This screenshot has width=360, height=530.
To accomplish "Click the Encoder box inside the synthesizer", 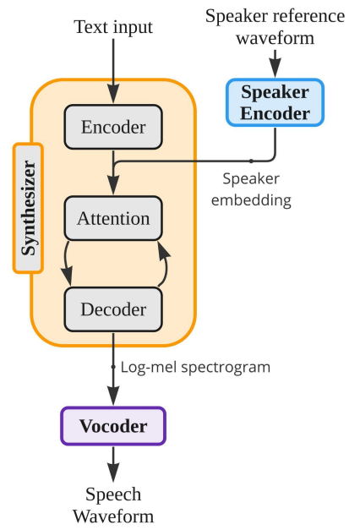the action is point(113,127).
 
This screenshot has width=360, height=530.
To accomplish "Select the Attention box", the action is point(113,218).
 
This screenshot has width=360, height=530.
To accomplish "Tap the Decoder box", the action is point(113,309).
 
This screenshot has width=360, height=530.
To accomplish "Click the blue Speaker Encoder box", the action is point(275,102).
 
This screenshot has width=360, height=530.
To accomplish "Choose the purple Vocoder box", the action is point(113,426).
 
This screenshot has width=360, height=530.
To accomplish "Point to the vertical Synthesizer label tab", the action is point(28,208).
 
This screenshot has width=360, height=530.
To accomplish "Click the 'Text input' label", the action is point(113,27).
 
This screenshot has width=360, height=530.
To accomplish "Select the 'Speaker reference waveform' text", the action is point(275,27).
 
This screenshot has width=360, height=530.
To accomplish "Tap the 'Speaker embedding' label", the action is point(251,189).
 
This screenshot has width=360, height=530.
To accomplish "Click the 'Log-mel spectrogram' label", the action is point(195,367).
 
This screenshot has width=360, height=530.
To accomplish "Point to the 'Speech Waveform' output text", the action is point(113,505).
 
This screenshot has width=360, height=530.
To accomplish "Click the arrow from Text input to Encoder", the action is point(113,71).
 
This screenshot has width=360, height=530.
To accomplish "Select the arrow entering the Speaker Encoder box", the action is point(275,63).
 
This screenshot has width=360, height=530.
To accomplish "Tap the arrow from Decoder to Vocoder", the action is point(113,369).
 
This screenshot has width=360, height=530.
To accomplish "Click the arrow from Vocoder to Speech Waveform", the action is point(113,464).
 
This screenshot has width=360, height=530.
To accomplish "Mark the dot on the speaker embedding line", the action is point(251,161).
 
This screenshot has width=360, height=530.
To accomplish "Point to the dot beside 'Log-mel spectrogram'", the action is point(113,367).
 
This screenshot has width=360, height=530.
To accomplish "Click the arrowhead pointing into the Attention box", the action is point(113,185).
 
